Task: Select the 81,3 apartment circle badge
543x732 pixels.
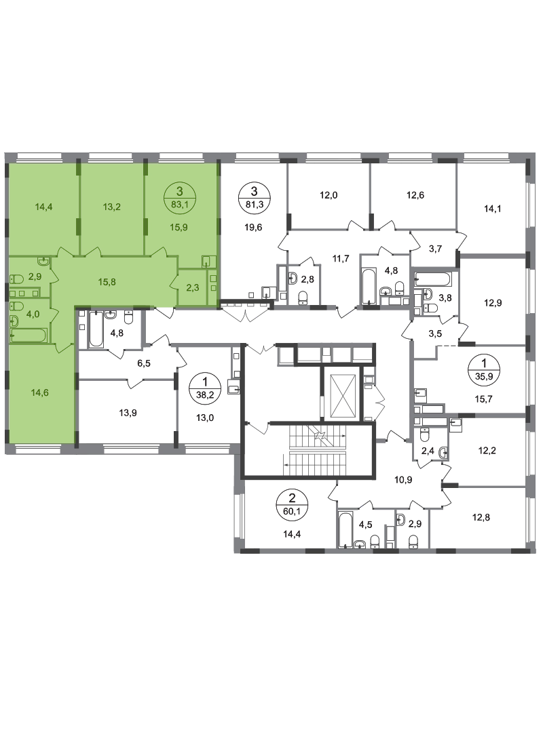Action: [254, 197]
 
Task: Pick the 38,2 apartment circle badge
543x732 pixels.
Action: [204, 388]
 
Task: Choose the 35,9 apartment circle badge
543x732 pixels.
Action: [483, 368]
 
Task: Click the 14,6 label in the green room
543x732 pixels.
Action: [40, 392]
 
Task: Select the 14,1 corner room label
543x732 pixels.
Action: [492, 209]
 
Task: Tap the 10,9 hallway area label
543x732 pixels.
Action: [403, 479]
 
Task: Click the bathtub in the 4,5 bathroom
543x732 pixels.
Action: [345, 530]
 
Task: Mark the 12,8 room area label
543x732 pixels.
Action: [481, 517]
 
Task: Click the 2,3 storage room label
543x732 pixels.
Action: [193, 287]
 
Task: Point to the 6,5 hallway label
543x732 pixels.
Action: [144, 363]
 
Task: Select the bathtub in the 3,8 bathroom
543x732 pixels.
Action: [433, 280]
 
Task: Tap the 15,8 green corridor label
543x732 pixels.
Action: [107, 282]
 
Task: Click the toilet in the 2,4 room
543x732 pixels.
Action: [425, 435]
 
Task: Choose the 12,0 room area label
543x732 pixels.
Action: [329, 195]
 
